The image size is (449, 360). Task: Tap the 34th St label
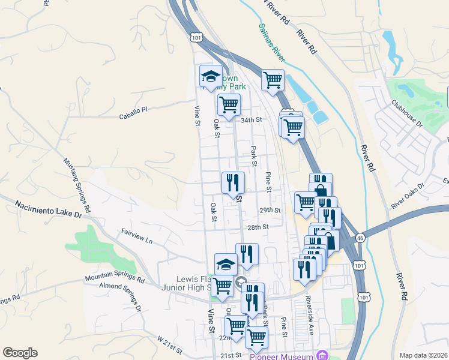pos(252,120)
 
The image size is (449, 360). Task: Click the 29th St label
pos(270,210)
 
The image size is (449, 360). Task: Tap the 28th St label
pos(257,227)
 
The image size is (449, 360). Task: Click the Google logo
pos(20,353)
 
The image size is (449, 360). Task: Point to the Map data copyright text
pos(423,355)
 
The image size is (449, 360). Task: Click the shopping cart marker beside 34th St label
pos(229,105)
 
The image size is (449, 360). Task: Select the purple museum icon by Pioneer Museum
pos(323,354)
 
